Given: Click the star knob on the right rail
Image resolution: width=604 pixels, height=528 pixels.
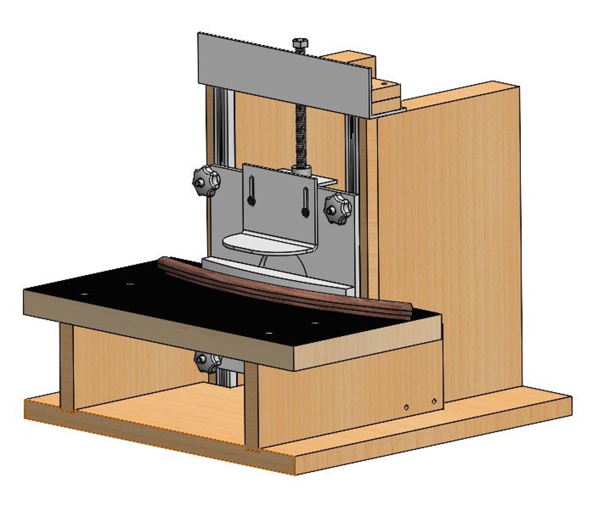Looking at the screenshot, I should tap(337, 208).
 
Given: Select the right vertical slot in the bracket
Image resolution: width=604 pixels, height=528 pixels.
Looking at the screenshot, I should tap(306, 202).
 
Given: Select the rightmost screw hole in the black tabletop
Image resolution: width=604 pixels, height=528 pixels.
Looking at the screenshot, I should tap(315, 323).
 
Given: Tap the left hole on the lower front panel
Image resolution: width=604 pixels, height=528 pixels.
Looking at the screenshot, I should tap(406, 407).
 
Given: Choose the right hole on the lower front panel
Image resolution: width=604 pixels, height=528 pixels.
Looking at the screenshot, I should tap(434, 401).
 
